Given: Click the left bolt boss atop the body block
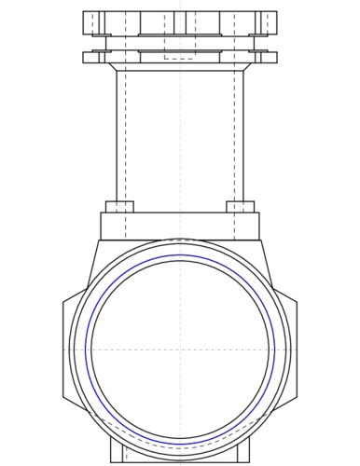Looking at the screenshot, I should coord(119,206).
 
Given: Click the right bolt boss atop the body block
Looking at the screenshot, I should coord(241,206).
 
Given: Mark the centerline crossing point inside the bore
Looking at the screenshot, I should coord(180,349).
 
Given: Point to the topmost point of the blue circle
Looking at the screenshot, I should coord(180,254).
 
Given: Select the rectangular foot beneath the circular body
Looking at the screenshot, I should coord(180,455).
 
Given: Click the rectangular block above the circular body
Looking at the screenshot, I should coord(180,226).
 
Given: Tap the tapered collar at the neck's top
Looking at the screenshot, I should coord(180,67).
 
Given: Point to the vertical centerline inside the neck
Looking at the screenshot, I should coord(180,140).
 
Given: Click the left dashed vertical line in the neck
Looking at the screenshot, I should coord(126,140).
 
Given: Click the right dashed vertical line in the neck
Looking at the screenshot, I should coord(233,140).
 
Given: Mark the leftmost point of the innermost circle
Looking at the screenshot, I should coord(90,349).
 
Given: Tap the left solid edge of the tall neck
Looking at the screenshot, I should coord(117,140).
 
